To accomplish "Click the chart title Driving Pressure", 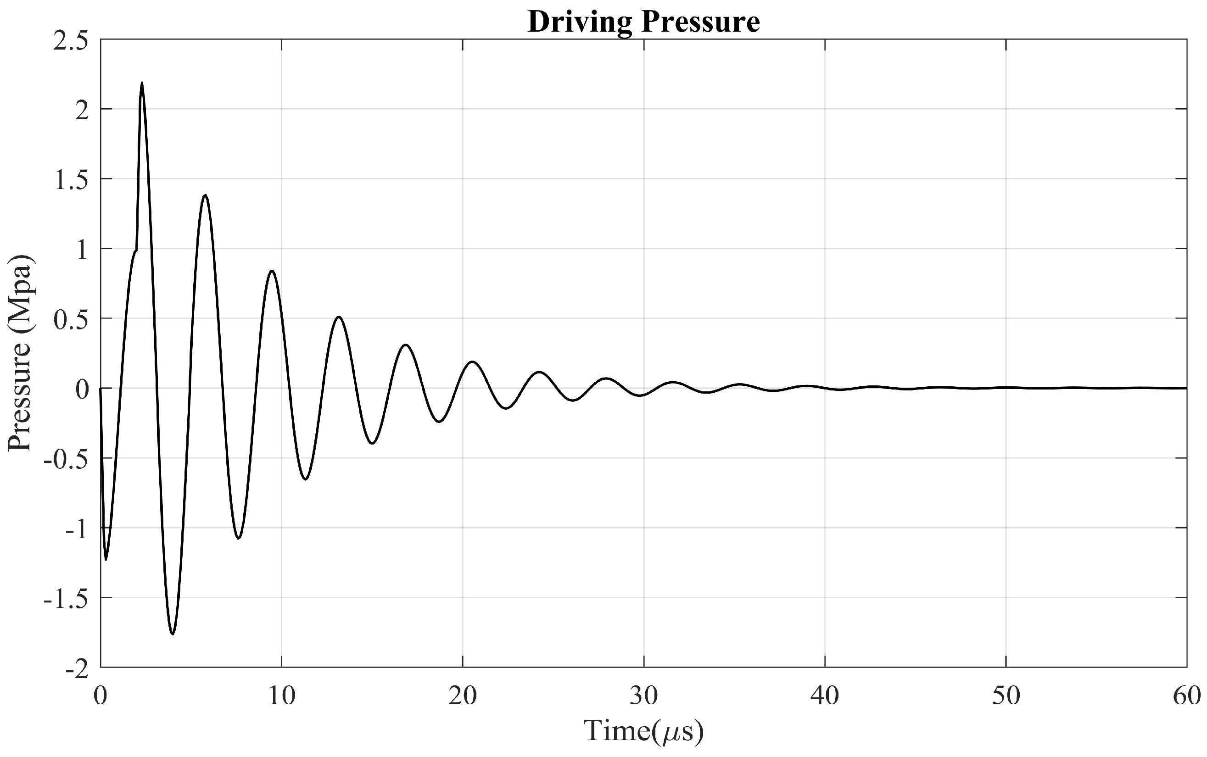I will pyautogui.click(x=643, y=22).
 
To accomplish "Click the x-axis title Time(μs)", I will pyautogui.click(x=643, y=731).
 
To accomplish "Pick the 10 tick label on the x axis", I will pyautogui.click(x=281, y=696).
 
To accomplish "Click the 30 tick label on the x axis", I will pyautogui.click(x=643, y=696).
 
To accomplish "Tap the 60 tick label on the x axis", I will pyautogui.click(x=1186, y=696).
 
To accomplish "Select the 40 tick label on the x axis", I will pyautogui.click(x=825, y=696).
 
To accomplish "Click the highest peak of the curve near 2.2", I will pyautogui.click(x=142, y=83).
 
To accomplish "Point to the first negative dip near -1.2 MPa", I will pyautogui.click(x=106, y=559).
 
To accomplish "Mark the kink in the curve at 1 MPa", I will pyautogui.click(x=136, y=250).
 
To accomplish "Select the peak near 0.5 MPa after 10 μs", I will pyautogui.click(x=339, y=317).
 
